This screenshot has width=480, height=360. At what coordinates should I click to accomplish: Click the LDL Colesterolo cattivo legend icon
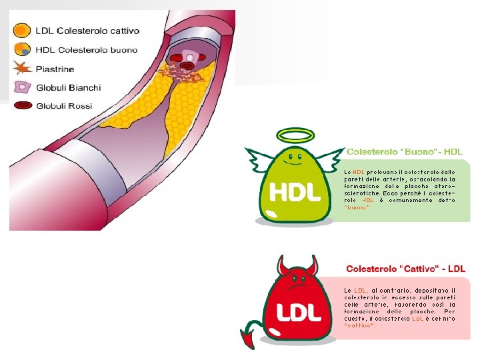pyautogui.click(x=23, y=31)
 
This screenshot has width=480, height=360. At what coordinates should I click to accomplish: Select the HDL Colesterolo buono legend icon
pyautogui.click(x=23, y=49)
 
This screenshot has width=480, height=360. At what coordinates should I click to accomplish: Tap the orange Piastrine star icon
pyautogui.click(x=22, y=68)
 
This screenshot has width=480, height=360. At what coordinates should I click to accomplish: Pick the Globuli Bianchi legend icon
pyautogui.click(x=23, y=87)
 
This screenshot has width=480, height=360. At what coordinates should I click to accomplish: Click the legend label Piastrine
pyautogui.click(x=55, y=69)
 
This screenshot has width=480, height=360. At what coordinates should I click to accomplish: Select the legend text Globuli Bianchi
pyautogui.click(x=68, y=87)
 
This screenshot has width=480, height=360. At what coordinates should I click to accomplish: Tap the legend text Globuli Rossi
pyautogui.click(x=64, y=106)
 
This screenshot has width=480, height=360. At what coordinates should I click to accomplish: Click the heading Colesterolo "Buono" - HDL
pyautogui.click(x=404, y=151)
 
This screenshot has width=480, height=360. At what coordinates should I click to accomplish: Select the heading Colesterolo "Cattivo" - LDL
pyautogui.click(x=405, y=269)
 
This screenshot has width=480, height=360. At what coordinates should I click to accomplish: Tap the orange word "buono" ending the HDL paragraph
pyautogui.click(x=357, y=207)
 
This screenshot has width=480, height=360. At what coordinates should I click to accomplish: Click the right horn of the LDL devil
pyautogui.click(x=315, y=267)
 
